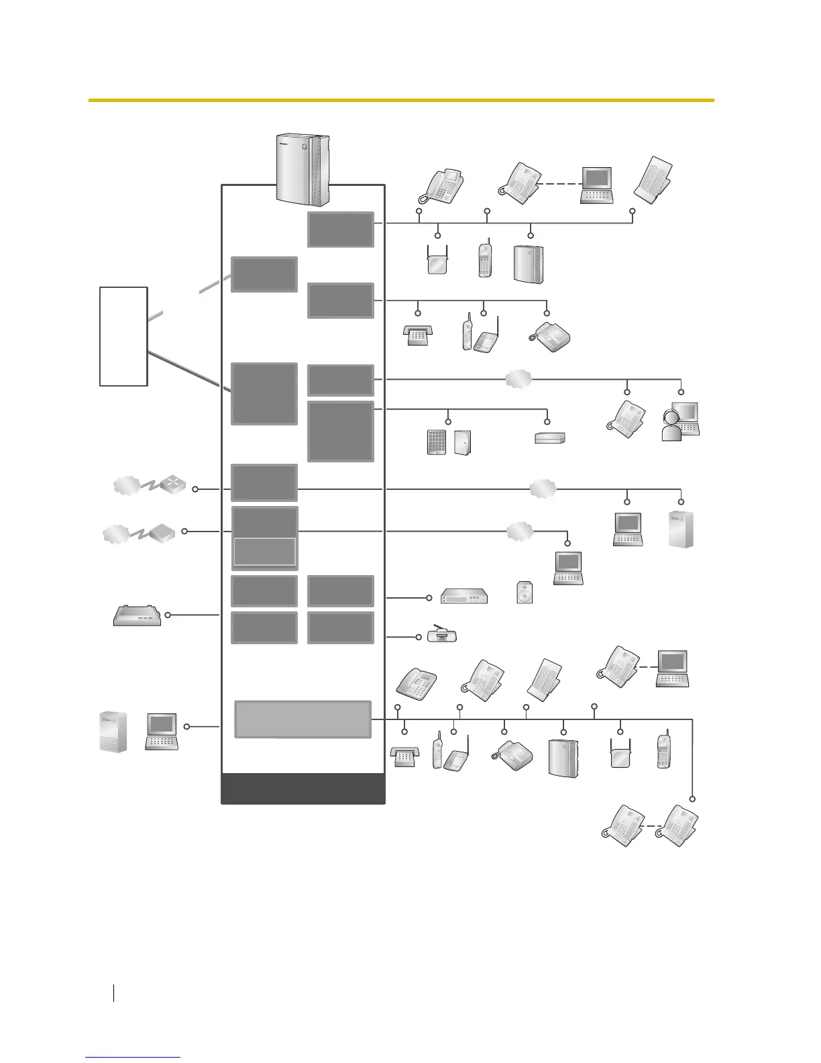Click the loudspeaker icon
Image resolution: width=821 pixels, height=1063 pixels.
525,592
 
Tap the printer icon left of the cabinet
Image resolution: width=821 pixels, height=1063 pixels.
137,615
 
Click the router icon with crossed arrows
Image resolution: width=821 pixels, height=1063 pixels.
172,486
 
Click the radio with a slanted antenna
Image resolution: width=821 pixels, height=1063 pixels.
442,634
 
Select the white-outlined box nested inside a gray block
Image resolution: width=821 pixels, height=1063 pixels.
264,552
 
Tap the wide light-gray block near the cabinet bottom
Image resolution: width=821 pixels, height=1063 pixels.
303,719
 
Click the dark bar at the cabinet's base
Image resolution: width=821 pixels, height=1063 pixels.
303,789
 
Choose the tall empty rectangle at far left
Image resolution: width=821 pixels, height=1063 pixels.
123,336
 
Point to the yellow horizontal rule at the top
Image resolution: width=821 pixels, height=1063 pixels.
401,100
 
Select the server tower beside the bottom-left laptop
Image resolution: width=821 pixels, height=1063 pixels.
113,731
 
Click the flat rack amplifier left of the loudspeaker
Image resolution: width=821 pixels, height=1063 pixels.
464,596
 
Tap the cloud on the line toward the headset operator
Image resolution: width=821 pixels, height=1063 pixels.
518,379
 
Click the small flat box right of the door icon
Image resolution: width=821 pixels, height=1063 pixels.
550,438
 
